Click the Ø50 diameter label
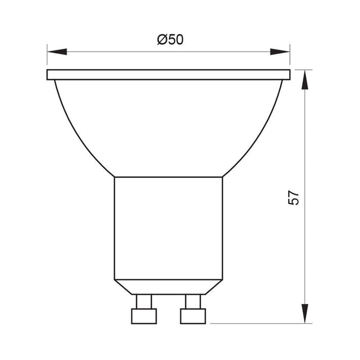point(170,40)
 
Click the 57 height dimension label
point(294,197)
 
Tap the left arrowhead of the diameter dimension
point(57,52)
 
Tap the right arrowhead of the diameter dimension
point(280,52)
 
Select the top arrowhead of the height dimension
point(305,79)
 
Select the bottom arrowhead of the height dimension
point(305,313)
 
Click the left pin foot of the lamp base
point(144,316)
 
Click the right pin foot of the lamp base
point(193,316)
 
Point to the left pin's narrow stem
point(144,301)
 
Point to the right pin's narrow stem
point(193,301)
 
